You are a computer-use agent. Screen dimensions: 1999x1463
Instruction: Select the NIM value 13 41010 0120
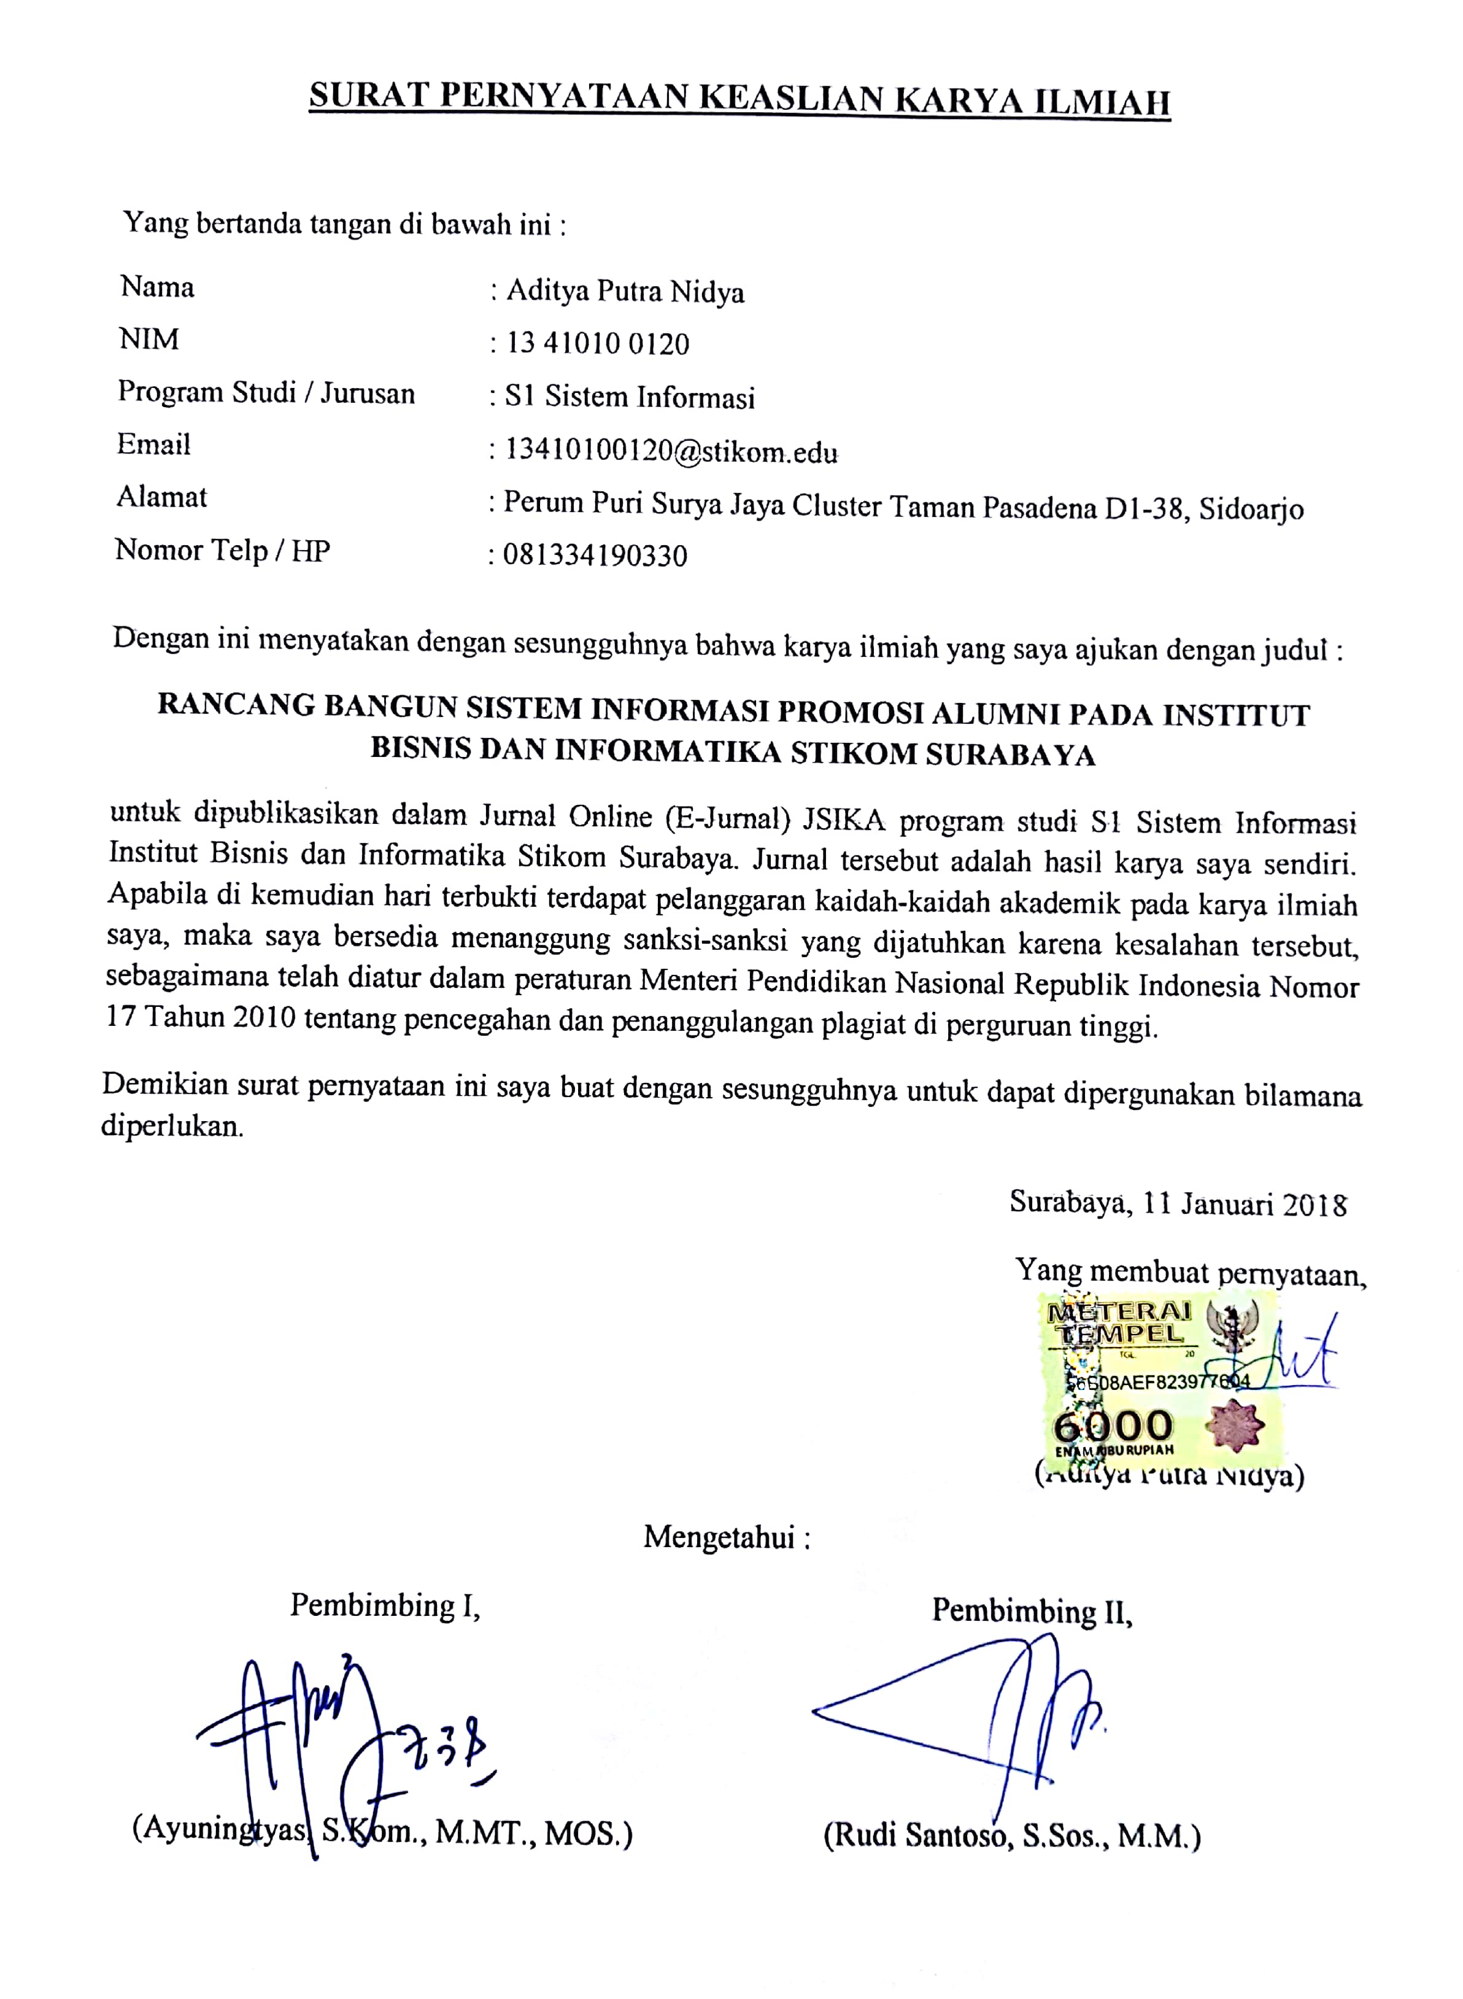click(x=597, y=344)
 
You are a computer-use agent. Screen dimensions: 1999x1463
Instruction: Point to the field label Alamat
click(x=161, y=497)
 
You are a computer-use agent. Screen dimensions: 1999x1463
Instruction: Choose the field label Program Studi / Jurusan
click(x=266, y=392)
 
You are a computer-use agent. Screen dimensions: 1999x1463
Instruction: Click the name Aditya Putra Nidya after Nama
click(x=624, y=292)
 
